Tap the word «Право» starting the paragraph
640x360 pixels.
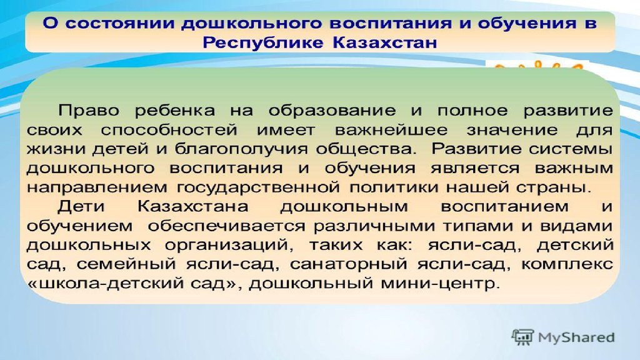[x=89, y=110]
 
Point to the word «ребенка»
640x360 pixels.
[x=174, y=110]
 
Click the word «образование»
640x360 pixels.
[x=332, y=110]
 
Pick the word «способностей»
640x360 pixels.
[x=169, y=130]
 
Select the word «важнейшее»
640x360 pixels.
[x=391, y=130]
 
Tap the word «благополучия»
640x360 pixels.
[x=241, y=149]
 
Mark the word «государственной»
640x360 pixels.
[x=258, y=187]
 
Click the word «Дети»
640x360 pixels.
[x=81, y=206]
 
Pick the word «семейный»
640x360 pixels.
[x=126, y=264]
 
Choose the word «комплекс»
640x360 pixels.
[x=567, y=264]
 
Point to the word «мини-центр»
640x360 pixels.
[x=440, y=283]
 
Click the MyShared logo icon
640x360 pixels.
[x=523, y=337]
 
